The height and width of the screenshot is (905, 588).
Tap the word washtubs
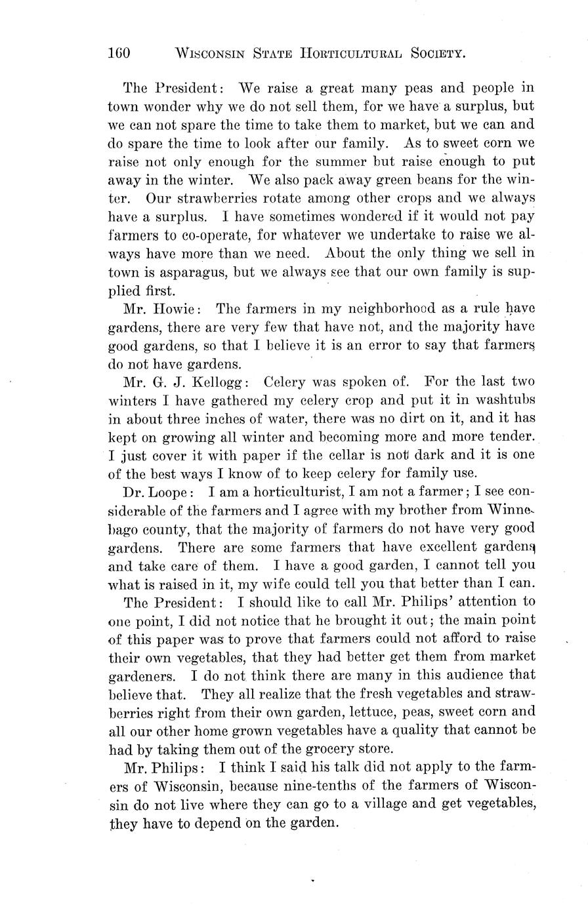[503, 400]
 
